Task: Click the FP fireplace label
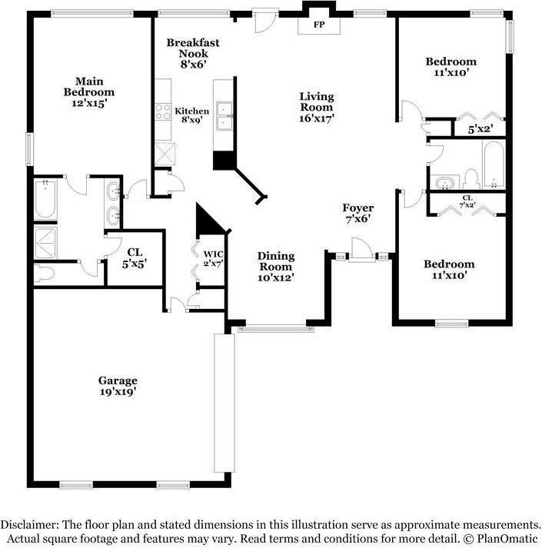[319, 25]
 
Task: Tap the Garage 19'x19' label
[118, 386]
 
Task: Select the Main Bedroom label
[89, 92]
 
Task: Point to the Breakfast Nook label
[193, 53]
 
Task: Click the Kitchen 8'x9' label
[192, 115]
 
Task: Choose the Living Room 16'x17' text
[317, 107]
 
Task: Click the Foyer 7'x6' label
[358, 213]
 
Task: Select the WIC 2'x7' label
[213, 258]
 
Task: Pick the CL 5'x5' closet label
[135, 258]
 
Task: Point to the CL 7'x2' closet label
[467, 201]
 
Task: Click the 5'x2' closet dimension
[480, 129]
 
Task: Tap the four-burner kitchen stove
[163, 111]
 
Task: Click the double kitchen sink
[224, 116]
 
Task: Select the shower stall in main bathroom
[45, 243]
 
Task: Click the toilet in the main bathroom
[45, 274]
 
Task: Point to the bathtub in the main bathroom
[45, 199]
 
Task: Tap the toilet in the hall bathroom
[471, 179]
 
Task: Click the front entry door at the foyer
[361, 249]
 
